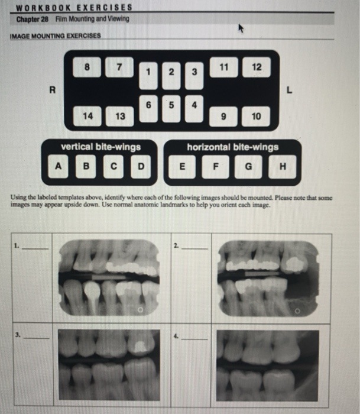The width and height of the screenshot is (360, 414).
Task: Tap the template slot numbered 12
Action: pos(255,67)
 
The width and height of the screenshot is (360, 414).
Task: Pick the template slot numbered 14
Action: pos(88,116)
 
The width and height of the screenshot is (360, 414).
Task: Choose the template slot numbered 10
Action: pos(255,117)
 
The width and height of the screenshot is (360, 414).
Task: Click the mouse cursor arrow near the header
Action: pos(241,28)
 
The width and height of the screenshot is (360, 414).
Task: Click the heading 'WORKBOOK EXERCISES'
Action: pos(74,8)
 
